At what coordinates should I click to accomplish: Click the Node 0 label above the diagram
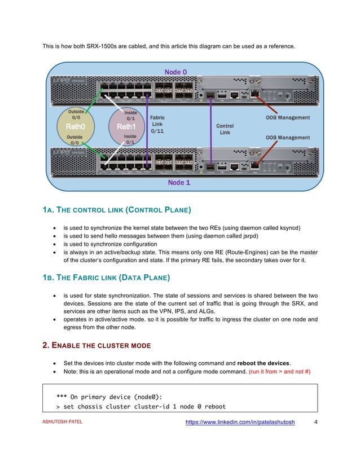(x=175, y=72)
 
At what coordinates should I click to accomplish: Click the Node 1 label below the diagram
(x=179, y=183)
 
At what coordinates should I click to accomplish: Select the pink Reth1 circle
(x=126, y=127)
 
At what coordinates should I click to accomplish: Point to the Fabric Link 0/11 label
(x=157, y=124)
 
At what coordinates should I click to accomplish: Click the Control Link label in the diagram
(x=225, y=129)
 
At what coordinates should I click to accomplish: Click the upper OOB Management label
(x=288, y=118)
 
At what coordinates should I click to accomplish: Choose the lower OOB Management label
(x=288, y=137)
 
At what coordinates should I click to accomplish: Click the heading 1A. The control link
(x=117, y=210)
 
